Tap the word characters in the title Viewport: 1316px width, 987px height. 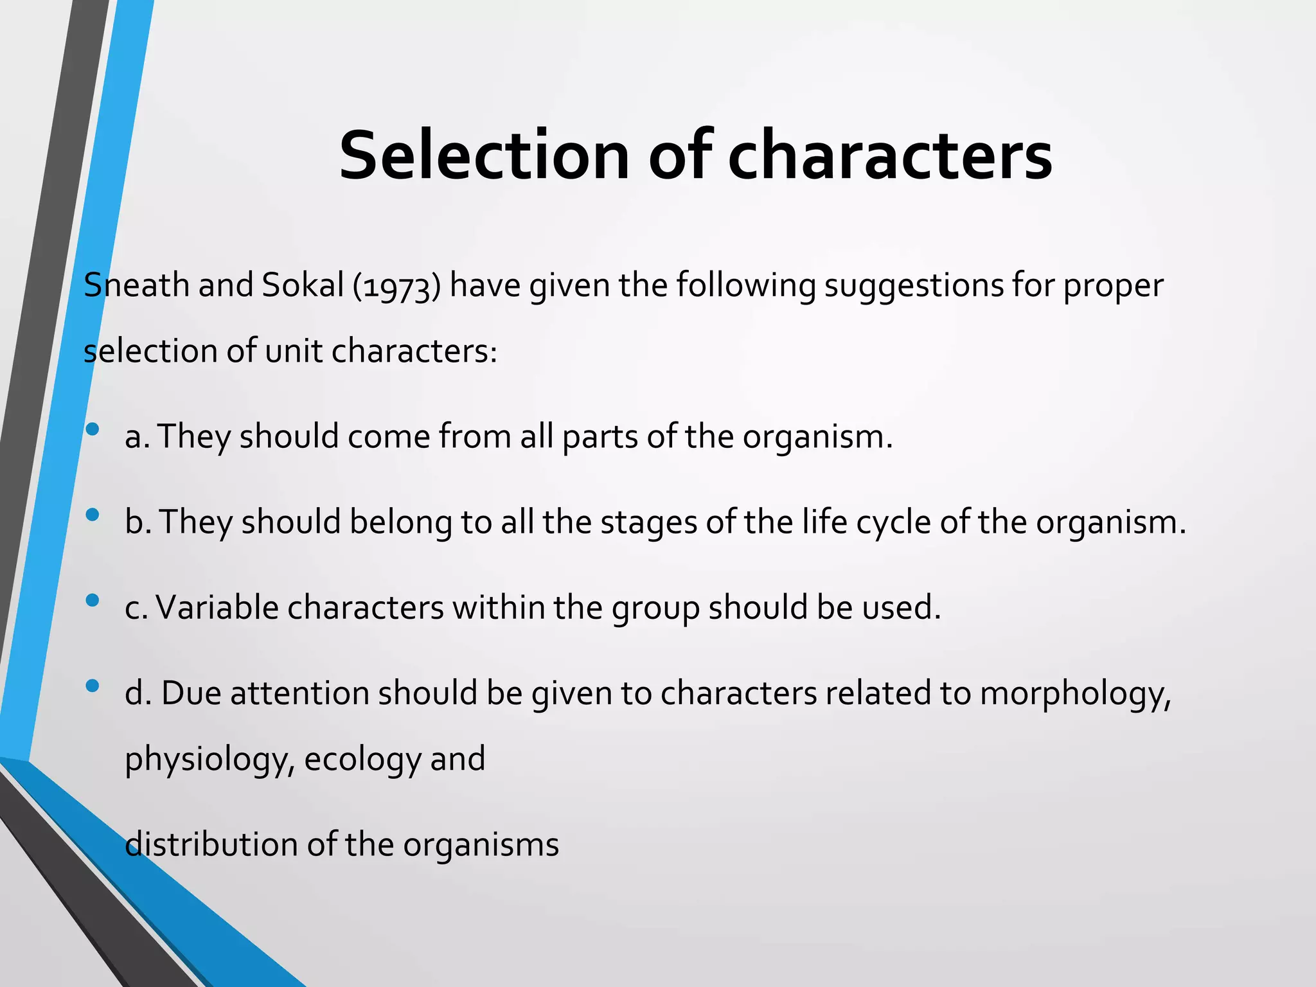point(889,156)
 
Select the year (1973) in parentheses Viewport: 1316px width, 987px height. point(396,286)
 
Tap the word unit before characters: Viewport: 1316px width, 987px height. point(293,351)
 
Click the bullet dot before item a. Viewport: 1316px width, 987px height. point(93,429)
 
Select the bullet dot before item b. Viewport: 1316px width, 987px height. point(93,514)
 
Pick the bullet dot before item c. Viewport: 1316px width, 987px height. point(93,600)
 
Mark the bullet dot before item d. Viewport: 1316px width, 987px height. point(93,686)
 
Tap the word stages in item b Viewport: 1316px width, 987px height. point(648,522)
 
